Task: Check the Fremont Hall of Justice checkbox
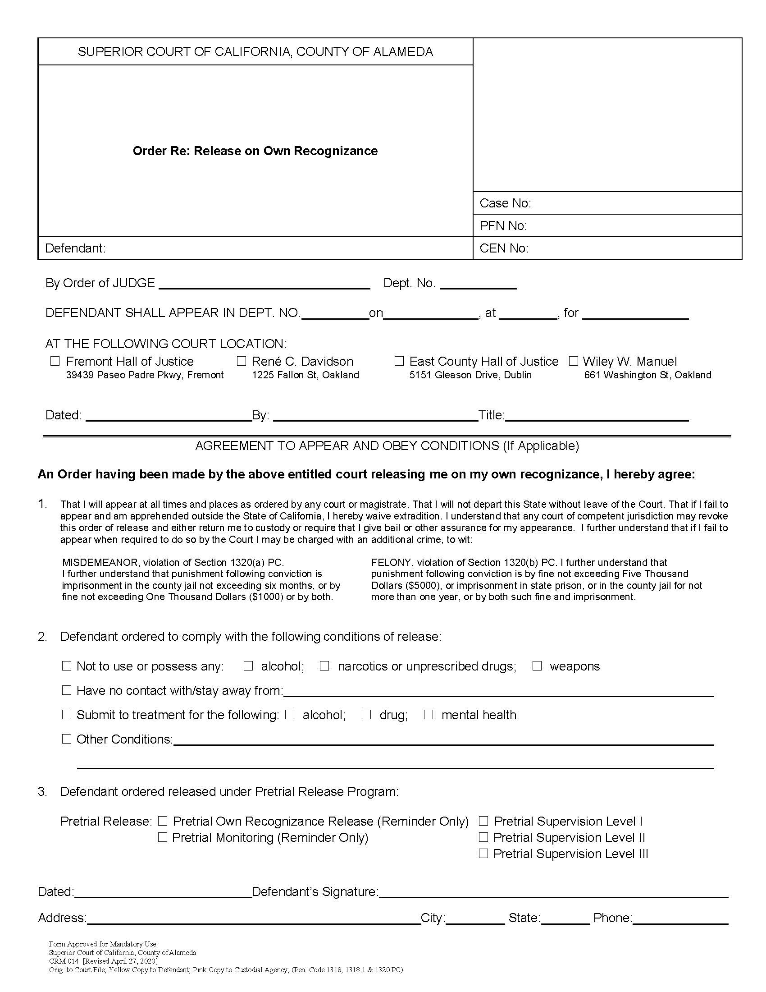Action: click(55, 361)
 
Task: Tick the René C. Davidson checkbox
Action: click(242, 361)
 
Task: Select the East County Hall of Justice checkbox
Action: click(399, 361)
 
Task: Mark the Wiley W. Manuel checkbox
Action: click(574, 361)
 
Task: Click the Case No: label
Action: click(505, 203)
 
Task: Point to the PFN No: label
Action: click(503, 226)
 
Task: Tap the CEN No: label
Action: click(504, 248)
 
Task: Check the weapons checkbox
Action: click(537, 666)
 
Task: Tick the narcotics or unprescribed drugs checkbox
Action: click(324, 666)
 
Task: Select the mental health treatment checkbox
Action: click(429, 715)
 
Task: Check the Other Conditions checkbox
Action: click(67, 739)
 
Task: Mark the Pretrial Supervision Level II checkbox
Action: click(483, 837)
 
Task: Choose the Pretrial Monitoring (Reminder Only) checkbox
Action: click(163, 837)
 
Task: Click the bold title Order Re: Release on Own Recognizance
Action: click(255, 151)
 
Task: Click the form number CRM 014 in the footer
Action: click(64, 962)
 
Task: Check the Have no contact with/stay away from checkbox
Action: click(67, 690)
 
